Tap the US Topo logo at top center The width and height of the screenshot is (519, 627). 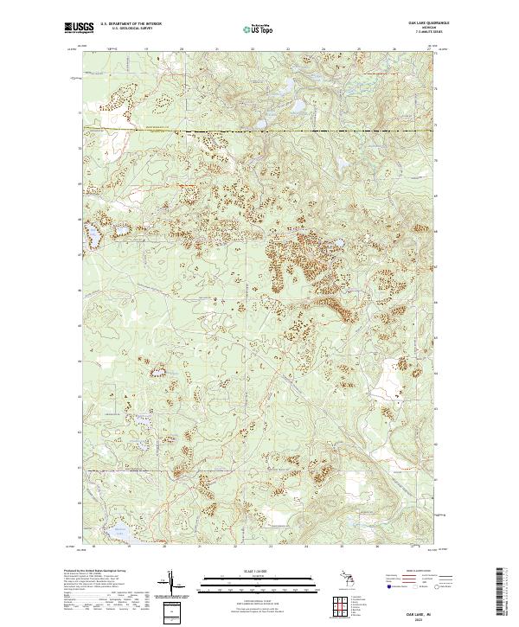257,29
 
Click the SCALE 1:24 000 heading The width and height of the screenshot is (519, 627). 258,570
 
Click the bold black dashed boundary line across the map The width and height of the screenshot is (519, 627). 259,131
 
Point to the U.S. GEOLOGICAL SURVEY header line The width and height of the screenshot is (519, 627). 127,29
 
